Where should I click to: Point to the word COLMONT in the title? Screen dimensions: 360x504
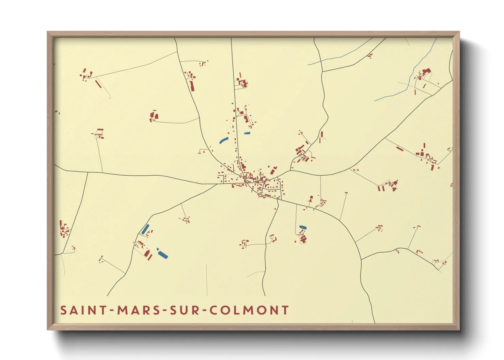click(249, 310)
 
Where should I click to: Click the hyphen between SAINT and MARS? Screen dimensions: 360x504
click(112, 311)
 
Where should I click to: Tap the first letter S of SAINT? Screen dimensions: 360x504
click(63, 310)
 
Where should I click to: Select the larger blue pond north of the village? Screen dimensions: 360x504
click(223, 140)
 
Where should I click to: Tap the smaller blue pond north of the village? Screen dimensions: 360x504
click(247, 133)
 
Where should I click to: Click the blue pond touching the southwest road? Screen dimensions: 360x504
click(145, 229)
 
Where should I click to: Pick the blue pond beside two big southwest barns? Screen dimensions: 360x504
click(162, 253)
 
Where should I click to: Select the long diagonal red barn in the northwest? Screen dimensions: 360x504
click(98, 84)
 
